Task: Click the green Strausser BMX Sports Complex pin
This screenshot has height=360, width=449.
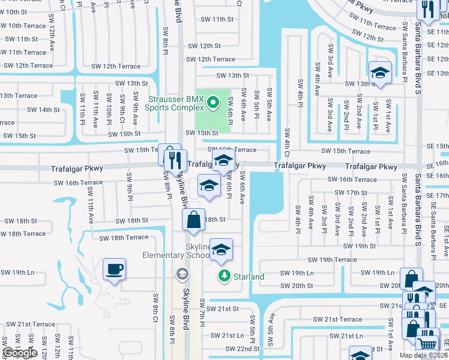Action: tap(212, 104)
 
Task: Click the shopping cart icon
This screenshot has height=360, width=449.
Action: tap(427, 343)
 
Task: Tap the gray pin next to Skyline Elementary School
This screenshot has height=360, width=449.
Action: tap(181, 274)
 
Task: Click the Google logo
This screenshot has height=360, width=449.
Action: tap(19, 353)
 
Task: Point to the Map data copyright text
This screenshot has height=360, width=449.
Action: tap(423, 355)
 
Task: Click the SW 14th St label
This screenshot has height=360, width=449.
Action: tap(43, 110)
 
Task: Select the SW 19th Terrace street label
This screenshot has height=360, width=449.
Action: tap(332, 260)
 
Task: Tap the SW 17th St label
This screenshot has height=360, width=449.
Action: tap(351, 193)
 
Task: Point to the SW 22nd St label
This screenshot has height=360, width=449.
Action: tap(243, 349)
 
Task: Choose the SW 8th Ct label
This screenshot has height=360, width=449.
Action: tap(155, 306)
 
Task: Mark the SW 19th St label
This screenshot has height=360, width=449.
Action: tap(359, 246)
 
